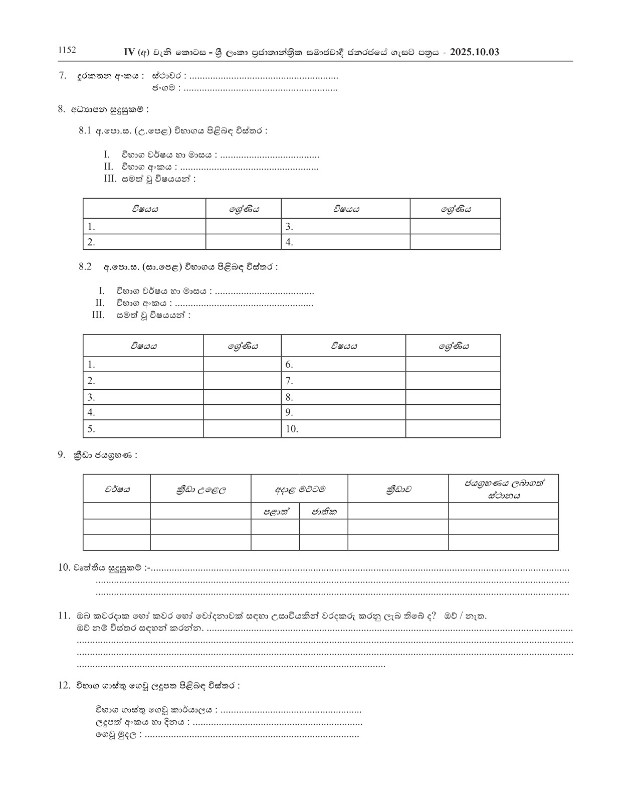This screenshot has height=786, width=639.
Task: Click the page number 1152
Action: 67,50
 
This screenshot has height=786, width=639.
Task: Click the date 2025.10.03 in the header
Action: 474,52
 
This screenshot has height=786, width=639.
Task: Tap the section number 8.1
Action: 85,131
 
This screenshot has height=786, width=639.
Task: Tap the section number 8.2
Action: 85,267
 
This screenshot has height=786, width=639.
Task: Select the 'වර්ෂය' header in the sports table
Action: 117,489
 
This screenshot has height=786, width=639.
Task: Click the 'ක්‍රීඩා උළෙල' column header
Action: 200,489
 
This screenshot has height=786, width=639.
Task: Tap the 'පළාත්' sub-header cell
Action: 275,512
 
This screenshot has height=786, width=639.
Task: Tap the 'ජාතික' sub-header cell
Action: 324,512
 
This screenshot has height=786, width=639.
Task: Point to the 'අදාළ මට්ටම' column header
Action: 299,489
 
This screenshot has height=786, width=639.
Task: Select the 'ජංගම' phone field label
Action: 164,88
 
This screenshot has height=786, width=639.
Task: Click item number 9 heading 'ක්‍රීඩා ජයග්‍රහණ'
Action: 105,455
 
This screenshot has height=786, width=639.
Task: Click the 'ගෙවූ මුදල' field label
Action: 118,735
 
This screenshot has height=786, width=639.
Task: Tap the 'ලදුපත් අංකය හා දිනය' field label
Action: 142,723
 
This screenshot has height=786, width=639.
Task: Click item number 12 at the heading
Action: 64,685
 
